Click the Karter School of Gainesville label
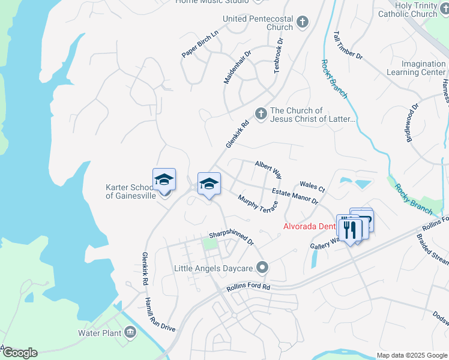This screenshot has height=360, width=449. point(128,191)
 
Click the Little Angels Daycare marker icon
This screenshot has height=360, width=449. point(262,267)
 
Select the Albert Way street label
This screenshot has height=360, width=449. point(268,169)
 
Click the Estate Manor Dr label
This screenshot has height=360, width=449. point(294,196)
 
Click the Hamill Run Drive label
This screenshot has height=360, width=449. point(160,314)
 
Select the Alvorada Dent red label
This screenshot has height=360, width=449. point(309,226)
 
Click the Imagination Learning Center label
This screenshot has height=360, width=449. point(424,68)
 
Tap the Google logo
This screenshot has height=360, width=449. point(19,353)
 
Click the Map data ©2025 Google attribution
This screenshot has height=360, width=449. point(411,355)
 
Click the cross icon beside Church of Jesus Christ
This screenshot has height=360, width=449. point(261,113)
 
